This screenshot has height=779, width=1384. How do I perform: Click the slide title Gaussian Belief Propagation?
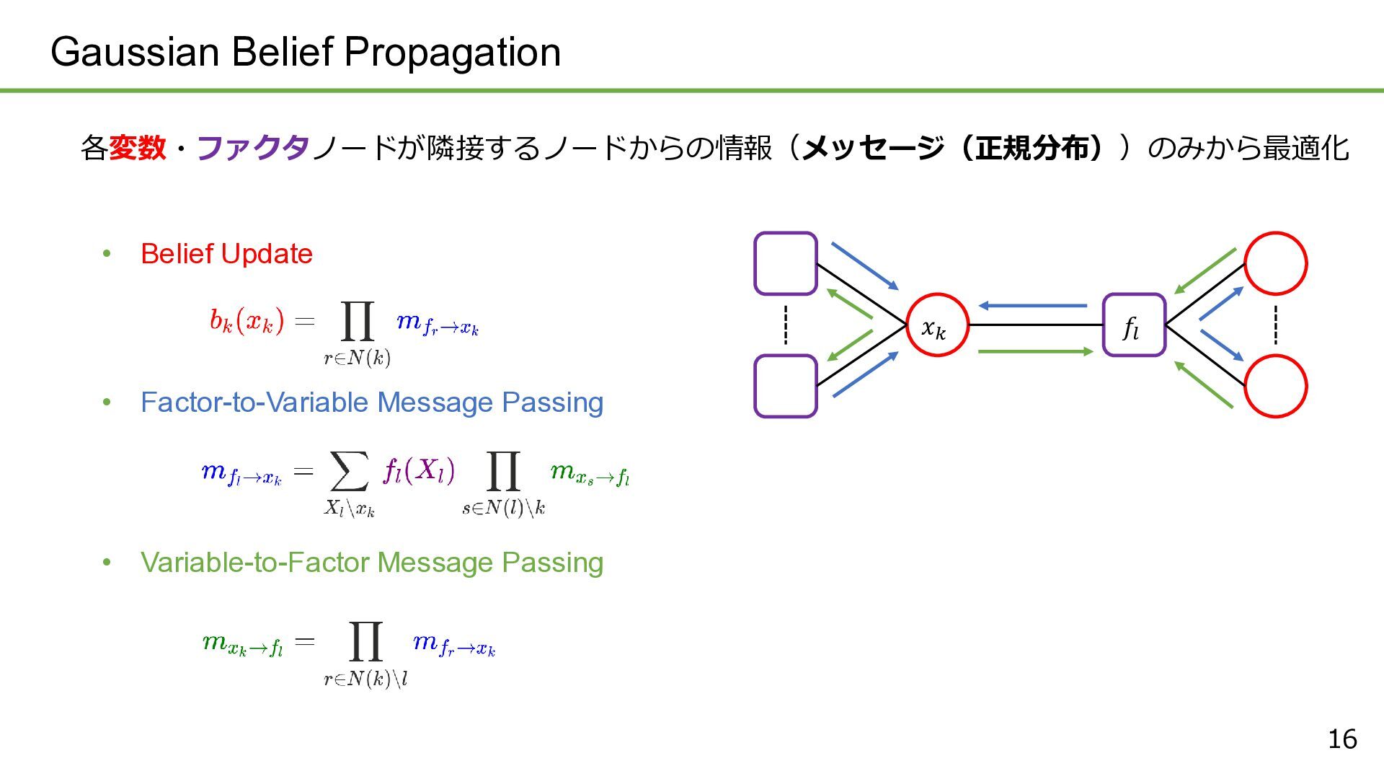pyautogui.click(x=306, y=52)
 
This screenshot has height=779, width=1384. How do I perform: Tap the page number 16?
pyautogui.click(x=1342, y=739)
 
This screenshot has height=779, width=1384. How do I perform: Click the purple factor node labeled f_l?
pyautogui.click(x=1134, y=325)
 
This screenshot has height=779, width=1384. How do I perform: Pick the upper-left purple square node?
pyautogui.click(x=785, y=263)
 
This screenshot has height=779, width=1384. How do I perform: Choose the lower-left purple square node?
pyautogui.click(x=785, y=386)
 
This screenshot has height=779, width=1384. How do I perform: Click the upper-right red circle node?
pyautogui.click(x=1275, y=263)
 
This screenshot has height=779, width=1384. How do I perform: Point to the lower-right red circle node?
pyautogui.click(x=1275, y=386)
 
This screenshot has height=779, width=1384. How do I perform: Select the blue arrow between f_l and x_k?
pyautogui.click(x=1032, y=306)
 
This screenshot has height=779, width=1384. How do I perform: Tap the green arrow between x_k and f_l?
pyautogui.click(x=1036, y=351)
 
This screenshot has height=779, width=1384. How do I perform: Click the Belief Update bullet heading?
pyautogui.click(x=226, y=254)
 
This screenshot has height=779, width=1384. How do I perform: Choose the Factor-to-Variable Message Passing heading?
pyautogui.click(x=372, y=402)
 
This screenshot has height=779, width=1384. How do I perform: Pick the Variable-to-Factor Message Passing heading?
pyautogui.click(x=372, y=563)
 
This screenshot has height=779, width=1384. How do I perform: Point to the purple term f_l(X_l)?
pyautogui.click(x=419, y=471)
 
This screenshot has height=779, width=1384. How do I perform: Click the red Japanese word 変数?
pyautogui.click(x=137, y=149)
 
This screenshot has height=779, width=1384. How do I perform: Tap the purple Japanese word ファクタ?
pyautogui.click(x=253, y=149)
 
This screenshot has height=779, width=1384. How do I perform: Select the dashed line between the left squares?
pyautogui.click(x=785, y=325)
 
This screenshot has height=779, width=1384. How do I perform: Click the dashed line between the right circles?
pyautogui.click(x=1275, y=325)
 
